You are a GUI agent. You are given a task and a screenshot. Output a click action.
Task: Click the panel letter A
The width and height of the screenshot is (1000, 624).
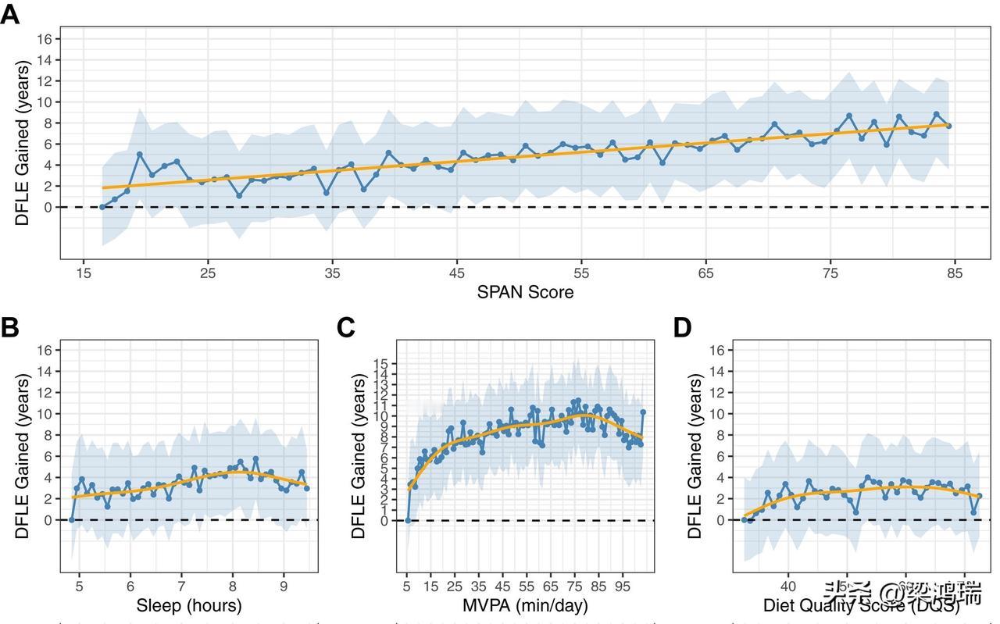pyautogui.click(x=9, y=14)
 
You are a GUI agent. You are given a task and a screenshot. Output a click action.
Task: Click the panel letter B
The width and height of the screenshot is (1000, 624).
pyautogui.click(x=9, y=328)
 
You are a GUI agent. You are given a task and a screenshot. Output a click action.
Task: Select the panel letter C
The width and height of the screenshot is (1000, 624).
pyautogui.click(x=347, y=328)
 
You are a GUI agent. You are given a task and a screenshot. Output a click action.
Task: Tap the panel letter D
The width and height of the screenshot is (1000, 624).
pyautogui.click(x=682, y=328)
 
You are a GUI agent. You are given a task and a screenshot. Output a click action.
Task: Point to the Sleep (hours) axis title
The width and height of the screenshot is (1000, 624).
pyautogui.click(x=189, y=605)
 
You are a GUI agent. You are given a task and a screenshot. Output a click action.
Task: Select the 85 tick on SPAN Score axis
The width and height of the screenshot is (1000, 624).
pyautogui.click(x=955, y=273)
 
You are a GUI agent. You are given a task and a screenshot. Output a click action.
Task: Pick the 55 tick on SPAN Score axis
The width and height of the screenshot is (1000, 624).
pyautogui.click(x=581, y=273)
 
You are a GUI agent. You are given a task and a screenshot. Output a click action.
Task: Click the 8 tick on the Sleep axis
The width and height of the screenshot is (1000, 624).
pyautogui.click(x=231, y=585)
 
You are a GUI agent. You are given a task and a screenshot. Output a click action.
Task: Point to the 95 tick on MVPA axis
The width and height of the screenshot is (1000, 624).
pyautogui.click(x=623, y=585)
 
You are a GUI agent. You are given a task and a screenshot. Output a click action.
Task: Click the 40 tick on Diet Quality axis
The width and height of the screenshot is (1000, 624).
pyautogui.click(x=787, y=585)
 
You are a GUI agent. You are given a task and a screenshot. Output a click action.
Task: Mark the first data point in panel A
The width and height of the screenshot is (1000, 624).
pyautogui.click(x=102, y=207)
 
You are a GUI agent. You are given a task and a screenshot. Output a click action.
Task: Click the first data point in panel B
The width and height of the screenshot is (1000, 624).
pyautogui.click(x=71, y=520)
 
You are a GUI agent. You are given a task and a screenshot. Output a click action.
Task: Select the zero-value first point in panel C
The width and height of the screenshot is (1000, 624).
pyautogui.click(x=407, y=520)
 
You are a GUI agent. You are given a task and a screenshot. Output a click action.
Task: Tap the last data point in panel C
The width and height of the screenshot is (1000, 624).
pyautogui.click(x=643, y=412)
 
